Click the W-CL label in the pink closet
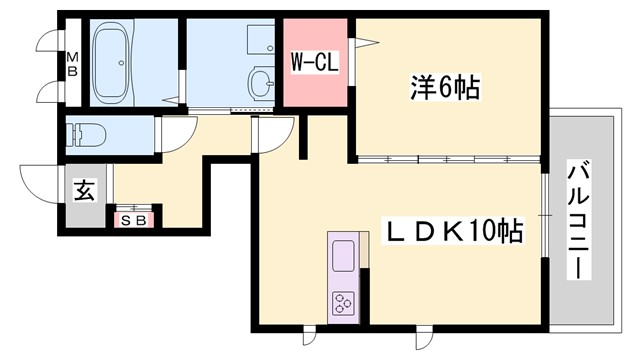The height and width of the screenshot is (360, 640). click(316, 62)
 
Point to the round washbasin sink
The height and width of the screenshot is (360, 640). click(262, 81)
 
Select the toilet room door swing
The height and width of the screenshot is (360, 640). click(175, 133)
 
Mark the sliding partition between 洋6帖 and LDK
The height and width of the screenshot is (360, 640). click(447, 160)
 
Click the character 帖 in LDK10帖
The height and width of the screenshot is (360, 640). click(511, 234)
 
